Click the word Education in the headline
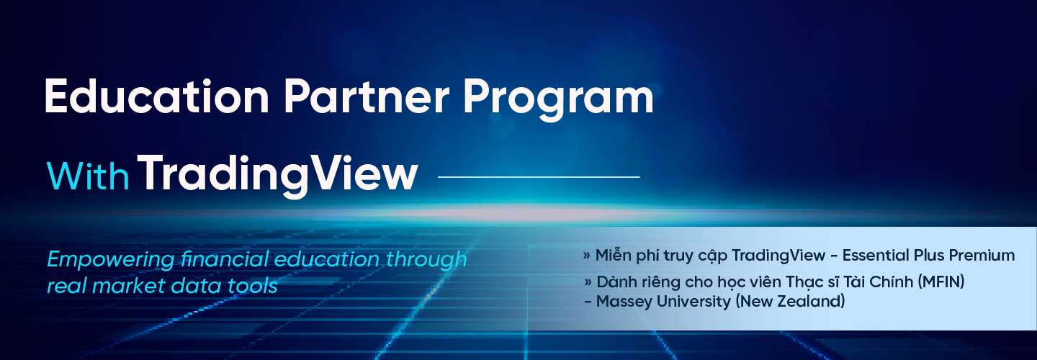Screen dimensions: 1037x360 (156, 96)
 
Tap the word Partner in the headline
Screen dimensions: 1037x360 (366, 96)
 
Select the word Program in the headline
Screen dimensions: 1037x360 (558, 100)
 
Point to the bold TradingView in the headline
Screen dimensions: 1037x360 (278, 176)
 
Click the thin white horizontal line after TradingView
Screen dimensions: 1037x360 (539, 177)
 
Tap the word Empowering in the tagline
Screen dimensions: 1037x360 (111, 260)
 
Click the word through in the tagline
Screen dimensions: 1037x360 (426, 260)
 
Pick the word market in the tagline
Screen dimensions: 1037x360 (128, 286)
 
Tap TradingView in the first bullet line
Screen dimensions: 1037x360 (778, 256)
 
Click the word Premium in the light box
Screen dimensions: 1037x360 (982, 256)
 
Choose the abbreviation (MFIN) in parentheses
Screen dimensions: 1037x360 (941, 282)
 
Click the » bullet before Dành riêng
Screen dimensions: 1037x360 (588, 282)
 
